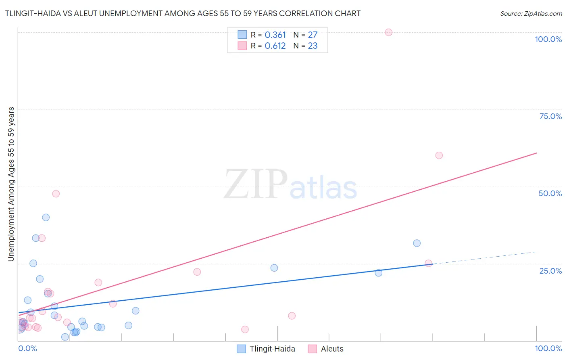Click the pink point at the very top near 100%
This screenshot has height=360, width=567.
pos(388,32)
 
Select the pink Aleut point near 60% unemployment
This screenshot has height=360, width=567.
pos(439,155)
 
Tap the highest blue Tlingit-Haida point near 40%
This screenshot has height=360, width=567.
pos(46,218)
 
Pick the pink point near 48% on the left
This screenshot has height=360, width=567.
pos(56,194)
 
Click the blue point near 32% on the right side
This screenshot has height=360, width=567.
pos(417,243)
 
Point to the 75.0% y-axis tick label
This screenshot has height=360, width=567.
pos(550,116)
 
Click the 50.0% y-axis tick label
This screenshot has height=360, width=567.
pos(550,193)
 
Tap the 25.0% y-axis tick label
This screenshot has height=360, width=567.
pos(550,271)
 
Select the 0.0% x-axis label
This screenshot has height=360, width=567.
pos(27,348)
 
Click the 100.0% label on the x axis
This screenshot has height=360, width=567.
pos(548,348)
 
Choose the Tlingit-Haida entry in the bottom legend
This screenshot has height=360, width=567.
pos(272,349)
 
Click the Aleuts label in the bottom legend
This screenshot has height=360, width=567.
pos(332,349)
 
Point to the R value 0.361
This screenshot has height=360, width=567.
pos(275,35)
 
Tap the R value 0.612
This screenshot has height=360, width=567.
pos(275,46)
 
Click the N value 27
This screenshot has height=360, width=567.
pos(313,35)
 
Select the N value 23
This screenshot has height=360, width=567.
pos(313,46)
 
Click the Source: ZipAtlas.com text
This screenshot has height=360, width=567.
pos(531,14)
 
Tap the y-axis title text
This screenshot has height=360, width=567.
pos(11,184)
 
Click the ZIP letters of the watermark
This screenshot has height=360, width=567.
pos(255,185)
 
